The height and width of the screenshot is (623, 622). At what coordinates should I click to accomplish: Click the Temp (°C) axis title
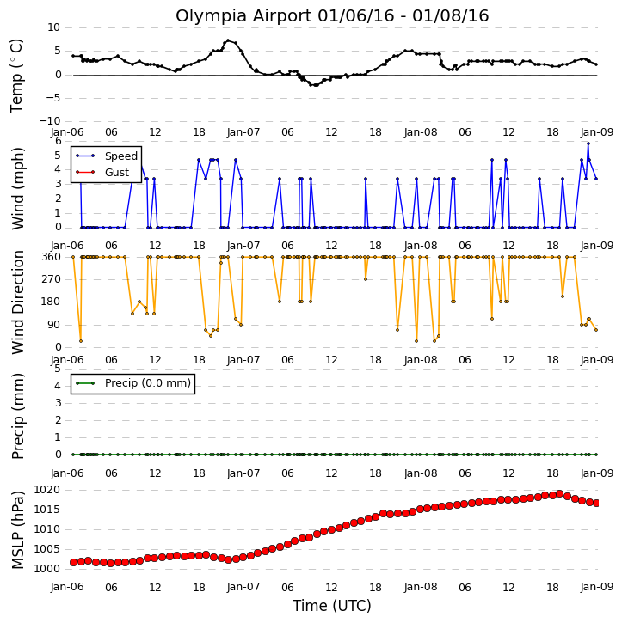pyautogui.click(x=16, y=76)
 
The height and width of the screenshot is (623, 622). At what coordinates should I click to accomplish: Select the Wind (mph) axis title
pyautogui.click(x=18, y=189)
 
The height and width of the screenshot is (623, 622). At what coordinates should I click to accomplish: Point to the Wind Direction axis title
pyautogui.click(x=18, y=302)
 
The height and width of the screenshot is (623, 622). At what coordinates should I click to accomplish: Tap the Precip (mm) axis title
pyautogui.click(x=18, y=416)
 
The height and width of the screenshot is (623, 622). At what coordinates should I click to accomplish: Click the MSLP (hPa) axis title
pyautogui.click(x=18, y=530)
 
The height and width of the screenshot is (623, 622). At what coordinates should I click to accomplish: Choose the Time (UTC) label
pyautogui.click(x=332, y=606)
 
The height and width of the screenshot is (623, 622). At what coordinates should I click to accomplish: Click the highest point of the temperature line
pyautogui.click(x=228, y=40)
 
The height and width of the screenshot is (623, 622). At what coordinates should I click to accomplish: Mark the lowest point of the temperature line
pyautogui.click(x=316, y=85)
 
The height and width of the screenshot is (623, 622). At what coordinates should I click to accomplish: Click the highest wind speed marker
pyautogui.click(x=588, y=144)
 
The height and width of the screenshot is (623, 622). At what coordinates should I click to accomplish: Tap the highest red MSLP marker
pyautogui.click(x=559, y=494)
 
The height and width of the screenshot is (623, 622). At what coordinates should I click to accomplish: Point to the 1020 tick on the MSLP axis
pyautogui.click(x=46, y=490)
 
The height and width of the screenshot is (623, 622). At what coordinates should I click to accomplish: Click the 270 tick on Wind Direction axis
pyautogui.click(x=52, y=279)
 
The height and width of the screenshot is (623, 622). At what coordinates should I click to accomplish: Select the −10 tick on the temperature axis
pyautogui.click(x=49, y=121)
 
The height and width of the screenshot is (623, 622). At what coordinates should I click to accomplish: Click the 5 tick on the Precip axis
pyautogui.click(x=58, y=369)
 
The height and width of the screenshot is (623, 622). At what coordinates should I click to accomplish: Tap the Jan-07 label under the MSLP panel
pyautogui.click(x=243, y=587)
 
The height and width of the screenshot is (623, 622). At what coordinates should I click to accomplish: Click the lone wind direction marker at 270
pyautogui.click(x=366, y=279)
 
